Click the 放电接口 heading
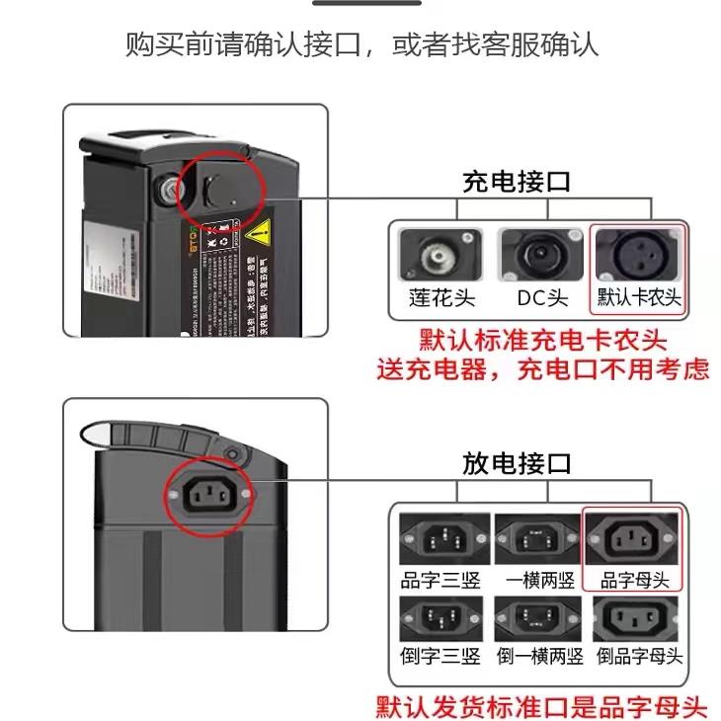coord(517,463)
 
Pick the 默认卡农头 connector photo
coord(637,255)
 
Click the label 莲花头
coord(440,297)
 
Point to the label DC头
coord(542,297)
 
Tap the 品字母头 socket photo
coord(633,539)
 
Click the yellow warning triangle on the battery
coord(259,235)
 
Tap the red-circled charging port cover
coord(220,189)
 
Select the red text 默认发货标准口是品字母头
coord(542,707)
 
